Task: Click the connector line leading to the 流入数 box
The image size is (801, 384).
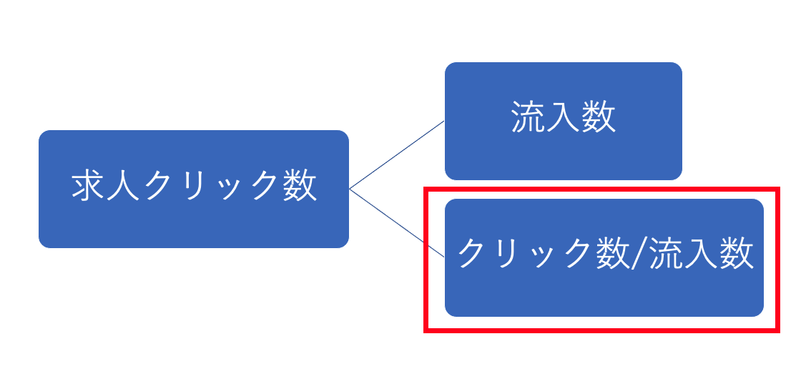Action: pyautogui.click(x=397, y=154)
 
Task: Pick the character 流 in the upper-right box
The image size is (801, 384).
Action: pyautogui.click(x=528, y=117)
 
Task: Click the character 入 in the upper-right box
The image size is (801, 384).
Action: pyautogui.click(x=563, y=117)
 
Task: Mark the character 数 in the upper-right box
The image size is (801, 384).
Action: pyautogui.click(x=598, y=117)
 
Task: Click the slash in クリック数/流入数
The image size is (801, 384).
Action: pyautogui.click(x=638, y=255)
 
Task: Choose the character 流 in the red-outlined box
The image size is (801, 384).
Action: pyautogui.click(x=667, y=255)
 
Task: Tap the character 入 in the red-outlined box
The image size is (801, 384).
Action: pyautogui.click(x=702, y=255)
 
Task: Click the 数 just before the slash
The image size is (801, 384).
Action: pyautogui.click(x=613, y=255)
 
